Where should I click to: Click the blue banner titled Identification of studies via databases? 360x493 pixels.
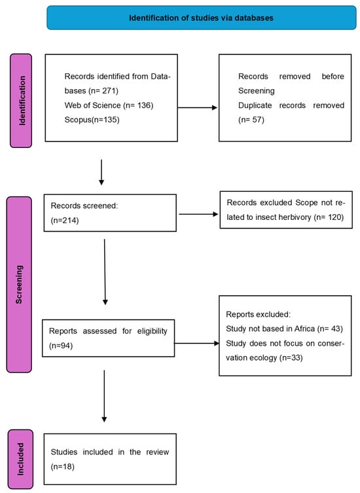[x=201, y=18]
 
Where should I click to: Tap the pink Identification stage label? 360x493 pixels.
[x=21, y=101]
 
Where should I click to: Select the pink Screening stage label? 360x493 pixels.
[x=19, y=285]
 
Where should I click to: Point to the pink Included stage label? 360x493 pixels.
[x=20, y=459]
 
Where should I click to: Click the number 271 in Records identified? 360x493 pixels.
[x=109, y=91]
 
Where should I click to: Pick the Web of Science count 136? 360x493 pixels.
[x=144, y=105]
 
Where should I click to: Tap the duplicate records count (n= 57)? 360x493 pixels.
[x=251, y=120]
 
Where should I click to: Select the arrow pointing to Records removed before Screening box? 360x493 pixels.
[x=198, y=107]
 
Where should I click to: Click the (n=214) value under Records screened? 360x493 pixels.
[x=65, y=220]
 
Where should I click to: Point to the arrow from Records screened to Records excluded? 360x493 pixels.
[x=198, y=214]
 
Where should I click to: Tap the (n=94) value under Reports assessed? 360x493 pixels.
[x=61, y=346]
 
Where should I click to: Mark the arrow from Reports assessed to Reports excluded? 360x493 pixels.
[x=197, y=343]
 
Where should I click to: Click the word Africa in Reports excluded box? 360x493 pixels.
[x=304, y=329]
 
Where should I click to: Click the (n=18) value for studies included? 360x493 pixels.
[x=63, y=466]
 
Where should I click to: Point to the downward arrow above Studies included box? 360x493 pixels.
[x=104, y=396]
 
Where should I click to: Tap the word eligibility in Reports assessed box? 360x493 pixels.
[x=152, y=331]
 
